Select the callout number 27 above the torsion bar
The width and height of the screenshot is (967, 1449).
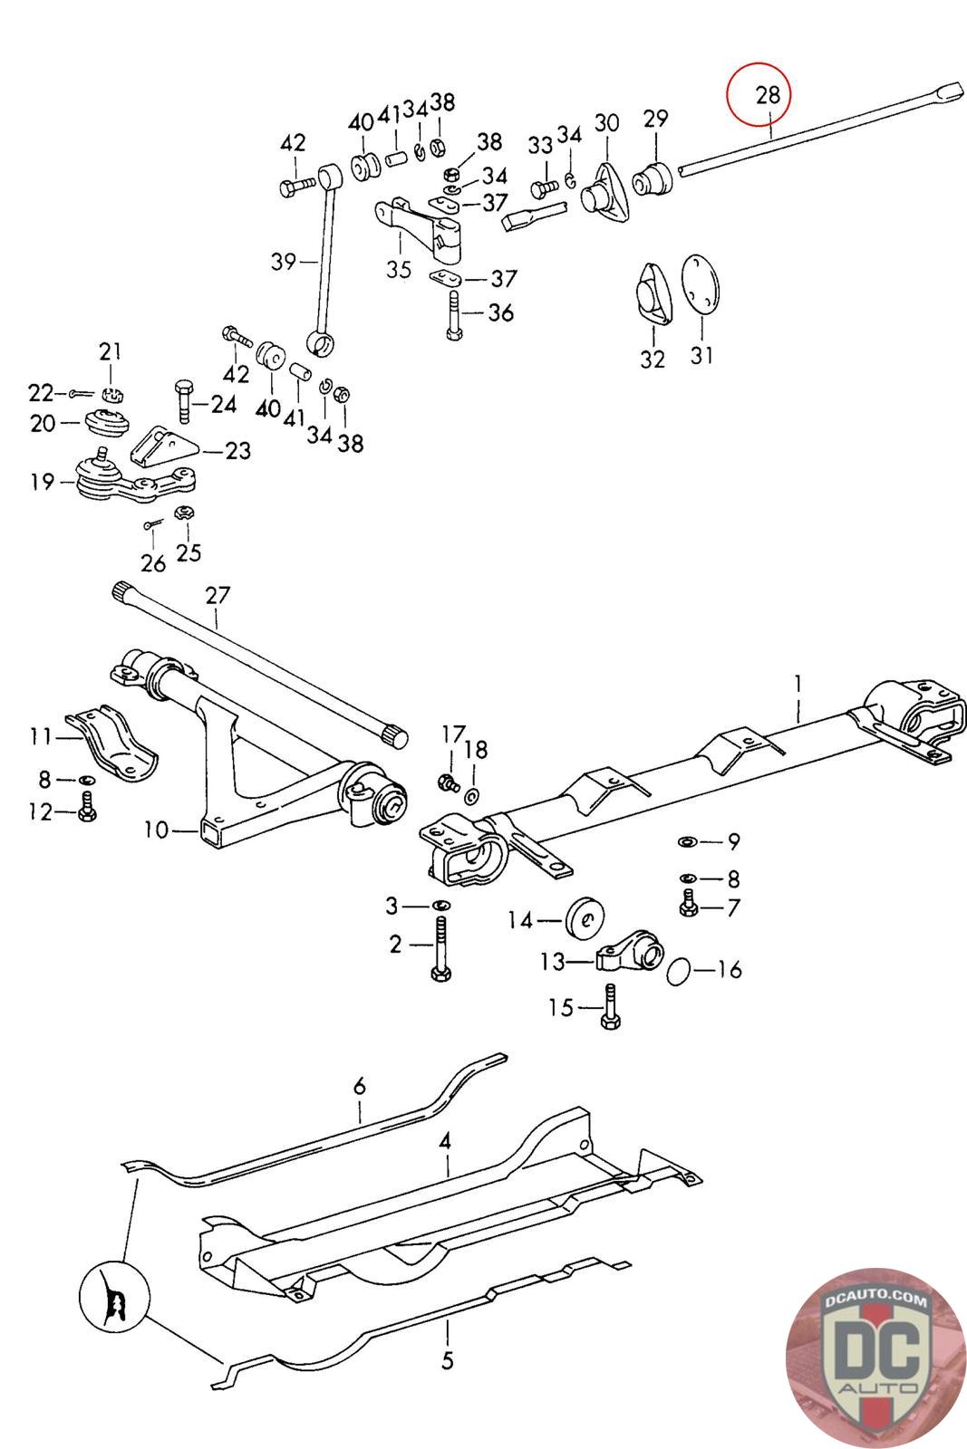click(x=217, y=595)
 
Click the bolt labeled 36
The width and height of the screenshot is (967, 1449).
click(x=455, y=315)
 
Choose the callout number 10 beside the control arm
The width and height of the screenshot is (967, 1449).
click(x=156, y=830)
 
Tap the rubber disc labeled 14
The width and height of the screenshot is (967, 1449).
click(x=585, y=916)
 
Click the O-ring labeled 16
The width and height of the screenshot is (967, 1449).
click(x=679, y=971)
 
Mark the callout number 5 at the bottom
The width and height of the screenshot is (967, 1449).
click(x=448, y=1360)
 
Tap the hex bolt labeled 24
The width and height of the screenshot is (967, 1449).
click(x=183, y=402)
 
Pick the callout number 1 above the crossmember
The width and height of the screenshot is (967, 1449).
click(x=798, y=683)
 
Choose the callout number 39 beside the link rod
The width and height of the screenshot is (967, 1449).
click(x=284, y=262)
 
